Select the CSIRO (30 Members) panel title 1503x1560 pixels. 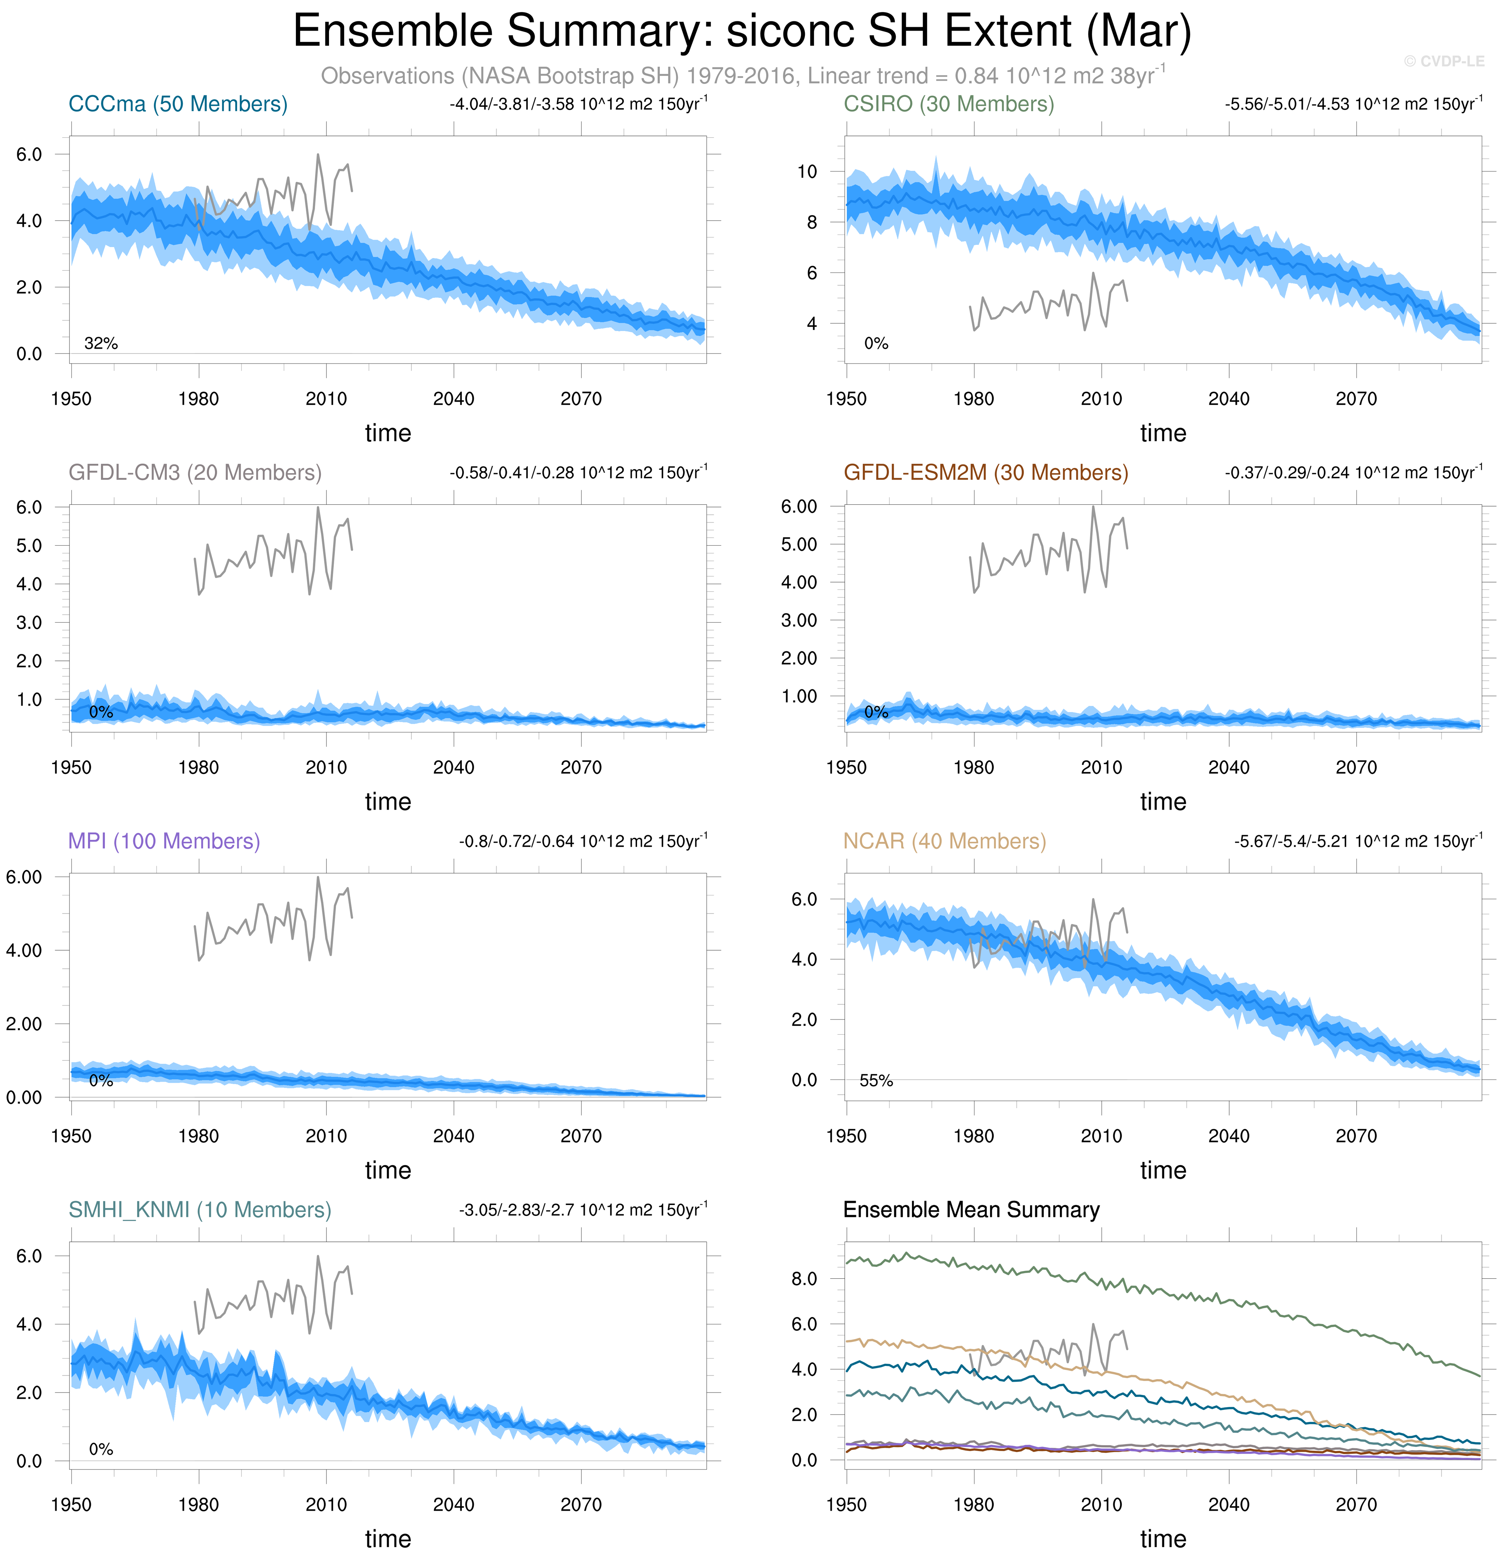click(948, 104)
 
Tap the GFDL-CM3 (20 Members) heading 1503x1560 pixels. click(195, 473)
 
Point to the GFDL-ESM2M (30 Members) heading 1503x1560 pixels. click(986, 473)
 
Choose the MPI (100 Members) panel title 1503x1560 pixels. click(164, 841)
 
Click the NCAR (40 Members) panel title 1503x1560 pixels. click(944, 841)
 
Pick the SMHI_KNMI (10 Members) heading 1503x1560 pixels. click(200, 1210)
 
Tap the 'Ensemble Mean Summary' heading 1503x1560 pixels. click(971, 1210)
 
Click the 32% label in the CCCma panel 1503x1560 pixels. click(101, 344)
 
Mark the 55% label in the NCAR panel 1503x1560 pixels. click(876, 1081)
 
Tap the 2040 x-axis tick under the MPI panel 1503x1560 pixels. click(453, 1136)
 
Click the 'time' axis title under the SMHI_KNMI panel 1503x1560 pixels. click(388, 1539)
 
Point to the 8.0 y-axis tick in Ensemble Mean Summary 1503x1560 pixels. click(804, 1279)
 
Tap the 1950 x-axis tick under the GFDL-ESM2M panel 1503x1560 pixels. click(846, 767)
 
